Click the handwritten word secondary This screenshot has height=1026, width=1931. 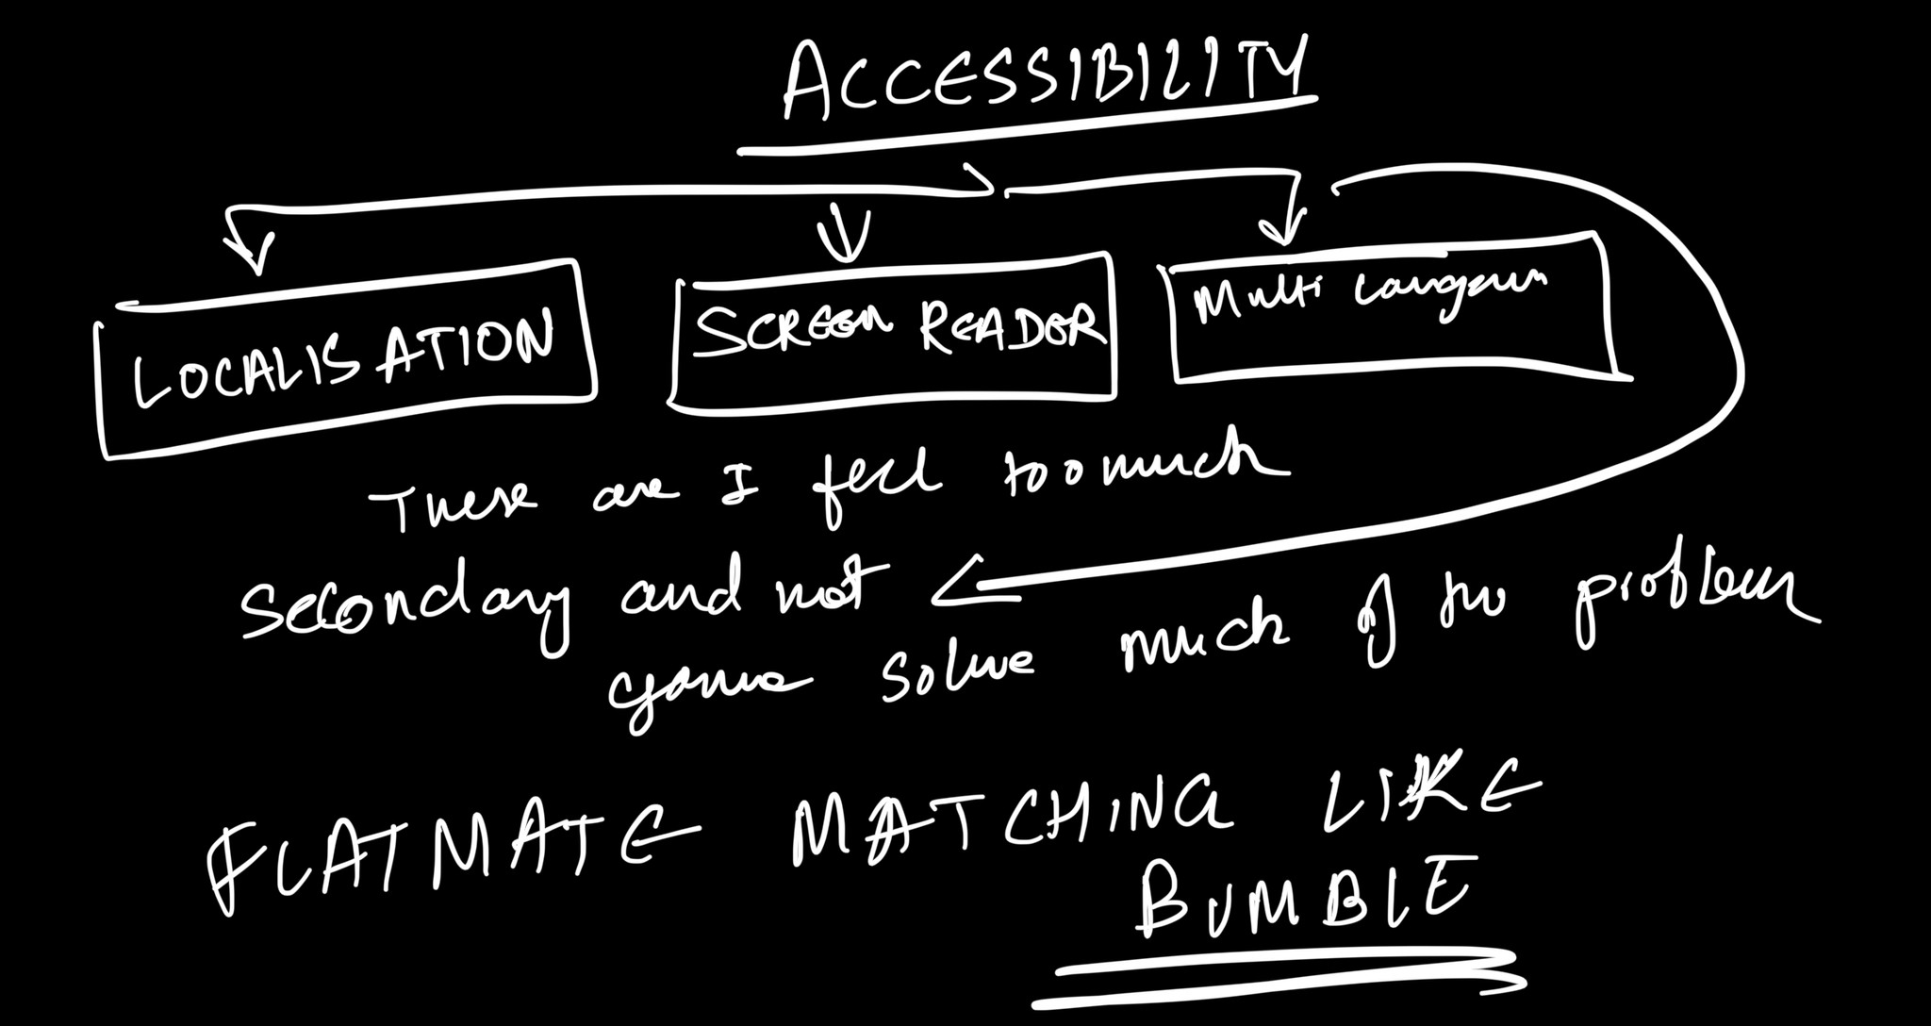(405, 604)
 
